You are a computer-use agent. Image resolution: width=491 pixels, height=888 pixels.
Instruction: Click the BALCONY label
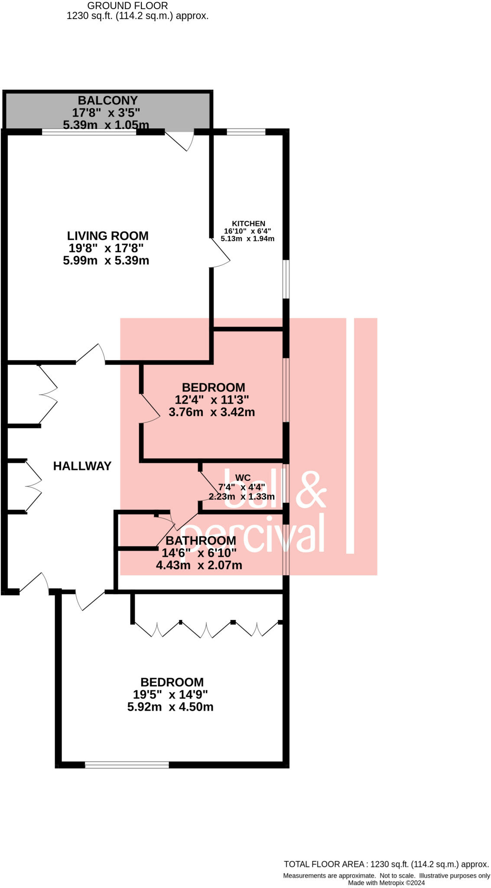point(107,101)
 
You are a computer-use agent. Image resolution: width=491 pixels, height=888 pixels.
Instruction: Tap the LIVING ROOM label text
point(107,236)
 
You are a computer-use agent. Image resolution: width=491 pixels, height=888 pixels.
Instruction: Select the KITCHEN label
point(248,224)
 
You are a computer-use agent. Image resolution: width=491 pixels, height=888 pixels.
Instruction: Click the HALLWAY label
point(82,466)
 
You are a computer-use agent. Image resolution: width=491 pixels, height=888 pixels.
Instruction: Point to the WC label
point(243,478)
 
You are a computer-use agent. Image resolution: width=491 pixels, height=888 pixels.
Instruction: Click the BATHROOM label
point(201,541)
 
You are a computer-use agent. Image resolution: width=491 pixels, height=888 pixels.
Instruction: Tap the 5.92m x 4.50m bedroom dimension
point(170,707)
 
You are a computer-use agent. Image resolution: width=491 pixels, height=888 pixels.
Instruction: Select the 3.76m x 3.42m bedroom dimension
point(211,412)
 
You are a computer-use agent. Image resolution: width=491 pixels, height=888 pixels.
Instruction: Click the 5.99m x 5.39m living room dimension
point(106,261)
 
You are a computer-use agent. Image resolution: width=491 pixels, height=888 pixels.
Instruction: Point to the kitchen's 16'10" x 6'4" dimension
point(247,231)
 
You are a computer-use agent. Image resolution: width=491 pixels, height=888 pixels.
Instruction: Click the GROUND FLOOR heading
point(127,6)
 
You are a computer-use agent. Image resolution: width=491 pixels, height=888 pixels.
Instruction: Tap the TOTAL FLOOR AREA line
point(386,864)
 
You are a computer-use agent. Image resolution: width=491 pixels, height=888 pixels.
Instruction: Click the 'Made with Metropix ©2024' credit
point(386,883)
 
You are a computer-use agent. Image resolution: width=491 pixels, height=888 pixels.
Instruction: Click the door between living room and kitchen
point(220,253)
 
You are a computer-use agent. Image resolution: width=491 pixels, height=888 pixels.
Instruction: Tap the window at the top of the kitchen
point(246,132)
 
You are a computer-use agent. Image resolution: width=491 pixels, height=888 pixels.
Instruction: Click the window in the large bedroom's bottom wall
point(127,765)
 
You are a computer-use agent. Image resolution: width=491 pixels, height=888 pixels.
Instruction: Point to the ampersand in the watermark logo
point(311,490)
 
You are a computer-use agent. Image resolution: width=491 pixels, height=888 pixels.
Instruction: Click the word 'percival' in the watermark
point(253,534)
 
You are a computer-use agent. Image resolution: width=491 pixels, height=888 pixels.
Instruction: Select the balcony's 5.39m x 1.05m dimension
point(106,125)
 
